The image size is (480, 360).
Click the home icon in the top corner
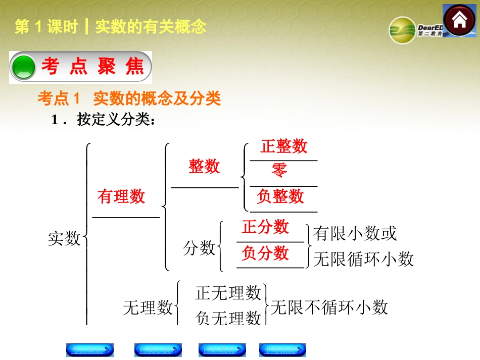click(x=459, y=20)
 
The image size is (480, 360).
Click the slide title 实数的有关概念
click(x=151, y=27)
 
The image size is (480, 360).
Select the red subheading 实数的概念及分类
click(x=157, y=98)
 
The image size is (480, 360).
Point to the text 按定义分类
click(x=113, y=120)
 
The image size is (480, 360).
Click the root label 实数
click(x=64, y=238)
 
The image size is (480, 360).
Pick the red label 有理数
click(x=121, y=196)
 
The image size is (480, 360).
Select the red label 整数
click(x=204, y=166)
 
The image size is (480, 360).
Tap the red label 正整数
click(x=284, y=146)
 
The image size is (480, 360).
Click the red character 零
click(x=279, y=170)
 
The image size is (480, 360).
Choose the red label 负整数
click(x=280, y=196)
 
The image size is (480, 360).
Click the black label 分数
click(x=199, y=248)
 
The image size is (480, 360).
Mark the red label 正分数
click(x=265, y=227)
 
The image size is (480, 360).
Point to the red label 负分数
click(x=265, y=253)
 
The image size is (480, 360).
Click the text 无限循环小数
click(x=363, y=259)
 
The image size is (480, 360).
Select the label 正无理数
click(x=228, y=292)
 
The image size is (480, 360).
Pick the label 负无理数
click(x=228, y=318)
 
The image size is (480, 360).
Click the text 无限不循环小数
click(x=329, y=307)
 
